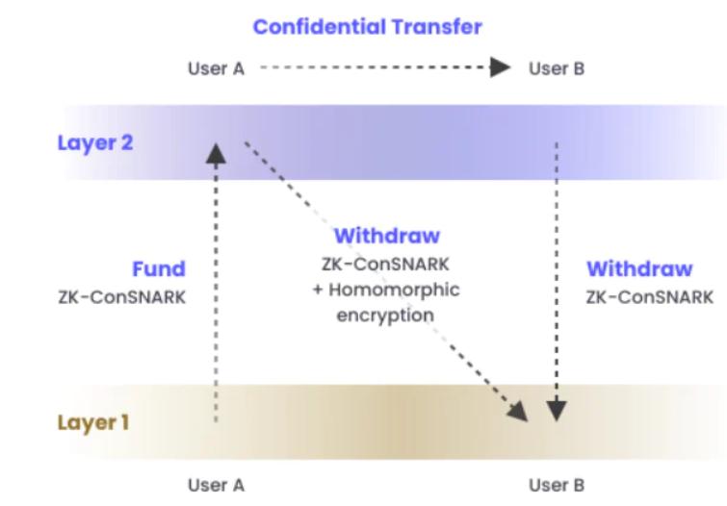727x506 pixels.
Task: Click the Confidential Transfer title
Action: pos(367,27)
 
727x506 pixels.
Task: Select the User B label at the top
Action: pos(556,69)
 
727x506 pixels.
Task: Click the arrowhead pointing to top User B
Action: pos(500,68)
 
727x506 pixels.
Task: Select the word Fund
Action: pos(158,269)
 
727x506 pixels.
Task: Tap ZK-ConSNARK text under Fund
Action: pos(122,296)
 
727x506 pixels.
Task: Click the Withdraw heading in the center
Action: pos(386,236)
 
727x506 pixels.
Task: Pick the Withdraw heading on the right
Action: pos(639,268)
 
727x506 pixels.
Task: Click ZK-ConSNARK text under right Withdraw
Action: pos(650,296)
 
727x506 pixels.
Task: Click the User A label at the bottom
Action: pos(216,485)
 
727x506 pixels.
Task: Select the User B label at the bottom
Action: pos(557,485)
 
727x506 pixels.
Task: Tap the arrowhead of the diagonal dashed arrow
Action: pos(520,413)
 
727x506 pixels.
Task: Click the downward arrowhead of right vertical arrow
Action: pos(557,412)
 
